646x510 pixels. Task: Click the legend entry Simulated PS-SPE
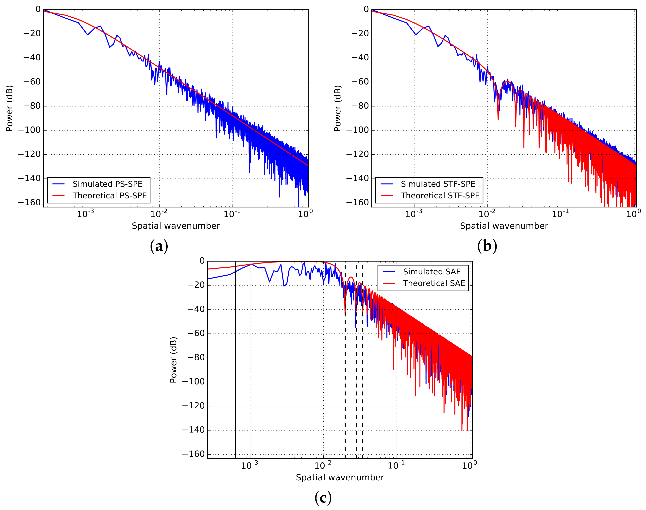108,184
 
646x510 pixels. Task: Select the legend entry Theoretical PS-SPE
110,195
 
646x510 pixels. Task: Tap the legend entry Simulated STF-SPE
438,184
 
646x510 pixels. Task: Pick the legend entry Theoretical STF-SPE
440,195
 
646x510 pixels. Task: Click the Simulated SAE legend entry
432,272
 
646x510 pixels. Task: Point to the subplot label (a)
159,246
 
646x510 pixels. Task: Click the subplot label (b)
487,246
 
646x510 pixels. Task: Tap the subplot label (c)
323,498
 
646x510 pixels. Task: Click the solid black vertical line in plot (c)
235,388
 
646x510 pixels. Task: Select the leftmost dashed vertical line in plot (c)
345,388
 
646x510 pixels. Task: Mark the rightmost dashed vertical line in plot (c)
363,388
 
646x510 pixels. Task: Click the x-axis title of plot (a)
176,226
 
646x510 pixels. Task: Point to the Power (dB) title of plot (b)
337,108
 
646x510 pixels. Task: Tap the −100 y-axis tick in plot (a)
29,130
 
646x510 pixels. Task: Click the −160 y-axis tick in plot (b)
357,202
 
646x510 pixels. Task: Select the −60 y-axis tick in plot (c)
194,333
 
